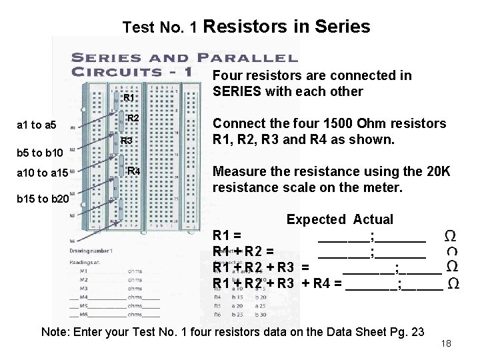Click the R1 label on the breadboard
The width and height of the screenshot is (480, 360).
click(129, 97)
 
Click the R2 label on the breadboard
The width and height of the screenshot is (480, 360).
click(132, 118)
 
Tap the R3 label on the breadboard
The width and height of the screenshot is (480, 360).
click(127, 141)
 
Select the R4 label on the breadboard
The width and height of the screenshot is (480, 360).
click(133, 171)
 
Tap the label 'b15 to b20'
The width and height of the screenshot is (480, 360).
click(42, 199)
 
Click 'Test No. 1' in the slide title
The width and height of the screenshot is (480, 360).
click(160, 27)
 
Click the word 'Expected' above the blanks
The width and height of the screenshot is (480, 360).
click(316, 219)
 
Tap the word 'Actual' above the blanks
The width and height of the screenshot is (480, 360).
click(373, 219)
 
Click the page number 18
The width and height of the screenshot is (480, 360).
click(447, 343)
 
